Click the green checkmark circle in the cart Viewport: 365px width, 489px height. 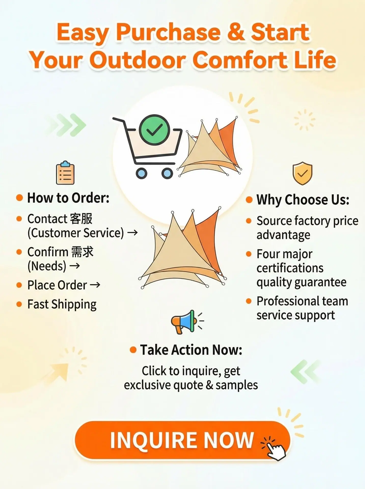tap(154, 130)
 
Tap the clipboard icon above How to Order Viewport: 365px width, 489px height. tap(65, 173)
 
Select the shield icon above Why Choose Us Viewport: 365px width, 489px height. tap(302, 173)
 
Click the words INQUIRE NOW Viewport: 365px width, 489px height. tap(182, 440)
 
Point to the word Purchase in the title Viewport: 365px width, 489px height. tap(168, 32)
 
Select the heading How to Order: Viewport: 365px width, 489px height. tap(68, 198)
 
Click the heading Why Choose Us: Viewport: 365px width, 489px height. tap(303, 200)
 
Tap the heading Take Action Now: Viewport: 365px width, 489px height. tap(191, 350)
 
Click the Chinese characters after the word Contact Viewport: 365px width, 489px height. tap(81, 219)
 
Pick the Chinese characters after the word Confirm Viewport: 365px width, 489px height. tap(82, 252)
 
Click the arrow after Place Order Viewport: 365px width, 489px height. tap(95, 285)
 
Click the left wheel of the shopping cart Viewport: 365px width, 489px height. tap(142, 173)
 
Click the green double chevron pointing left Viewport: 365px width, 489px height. tap(305, 372)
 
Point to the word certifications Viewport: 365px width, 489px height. tap(290, 268)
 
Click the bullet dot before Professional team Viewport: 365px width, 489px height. tap(249, 301)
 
